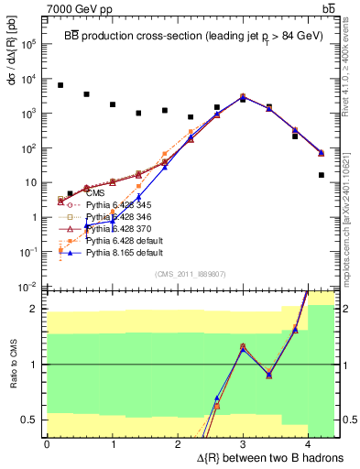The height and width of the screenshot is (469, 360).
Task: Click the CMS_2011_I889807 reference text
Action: tap(189, 274)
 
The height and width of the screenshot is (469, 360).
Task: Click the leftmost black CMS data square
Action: tap(60, 85)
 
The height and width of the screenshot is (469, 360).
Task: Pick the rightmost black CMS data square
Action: tap(322, 175)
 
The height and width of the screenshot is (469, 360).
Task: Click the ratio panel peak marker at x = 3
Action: tap(243, 346)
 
